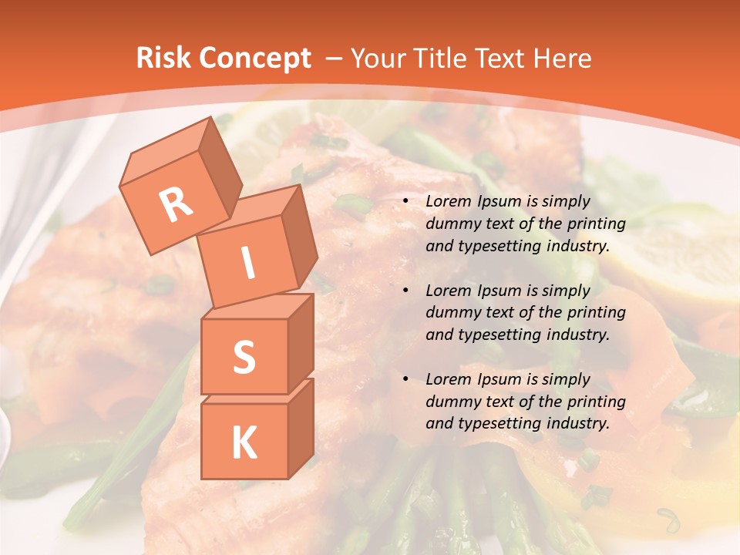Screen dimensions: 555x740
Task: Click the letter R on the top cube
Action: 176,204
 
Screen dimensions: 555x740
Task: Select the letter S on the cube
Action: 244,358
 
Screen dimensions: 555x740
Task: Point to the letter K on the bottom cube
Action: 244,442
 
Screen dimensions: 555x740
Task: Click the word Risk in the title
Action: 161,58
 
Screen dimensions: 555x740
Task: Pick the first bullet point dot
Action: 406,202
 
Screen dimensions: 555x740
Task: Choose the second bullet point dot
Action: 406,291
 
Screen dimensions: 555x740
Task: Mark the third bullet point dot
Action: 406,380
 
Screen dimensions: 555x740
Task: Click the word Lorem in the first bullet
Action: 447,202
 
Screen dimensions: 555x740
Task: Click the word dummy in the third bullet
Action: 452,402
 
